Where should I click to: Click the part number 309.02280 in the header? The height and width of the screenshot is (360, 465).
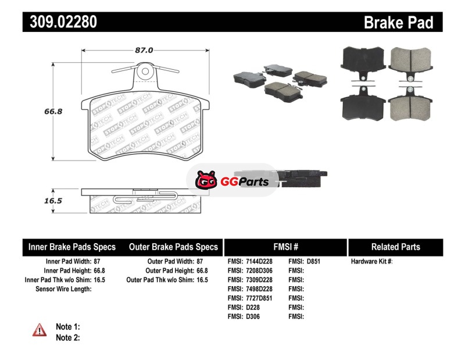[x=63, y=22]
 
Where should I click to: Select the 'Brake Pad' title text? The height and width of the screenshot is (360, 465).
[x=399, y=22]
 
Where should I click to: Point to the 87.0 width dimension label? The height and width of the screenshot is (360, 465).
[x=144, y=50]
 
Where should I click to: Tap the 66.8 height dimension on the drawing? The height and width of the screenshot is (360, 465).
[x=53, y=111]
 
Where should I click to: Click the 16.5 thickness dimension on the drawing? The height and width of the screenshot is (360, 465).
[x=53, y=201]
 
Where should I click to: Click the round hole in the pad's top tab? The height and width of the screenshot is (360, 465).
[x=145, y=71]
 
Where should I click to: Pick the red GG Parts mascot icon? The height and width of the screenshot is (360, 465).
[x=206, y=180]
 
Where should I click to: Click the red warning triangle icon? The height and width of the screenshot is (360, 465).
[x=40, y=330]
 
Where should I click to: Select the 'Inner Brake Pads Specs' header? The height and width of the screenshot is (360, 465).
[x=72, y=247]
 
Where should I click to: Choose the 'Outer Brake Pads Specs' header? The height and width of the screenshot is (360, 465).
[x=173, y=247]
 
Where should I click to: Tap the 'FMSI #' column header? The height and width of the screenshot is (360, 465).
[x=286, y=247]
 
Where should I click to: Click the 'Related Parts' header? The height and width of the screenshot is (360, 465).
[x=396, y=247]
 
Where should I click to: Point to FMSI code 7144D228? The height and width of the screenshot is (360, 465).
[x=259, y=262]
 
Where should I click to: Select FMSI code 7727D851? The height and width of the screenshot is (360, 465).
[x=259, y=298]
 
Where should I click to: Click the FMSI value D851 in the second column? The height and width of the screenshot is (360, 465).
[x=313, y=262]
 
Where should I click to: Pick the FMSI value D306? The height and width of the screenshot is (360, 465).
[x=253, y=316]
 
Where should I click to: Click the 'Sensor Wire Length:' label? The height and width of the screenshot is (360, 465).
[x=63, y=289]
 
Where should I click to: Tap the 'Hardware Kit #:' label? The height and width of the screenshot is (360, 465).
[x=371, y=262]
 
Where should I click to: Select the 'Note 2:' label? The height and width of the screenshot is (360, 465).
[x=68, y=338]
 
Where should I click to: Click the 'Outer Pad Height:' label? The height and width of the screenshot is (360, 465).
[x=170, y=270]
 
